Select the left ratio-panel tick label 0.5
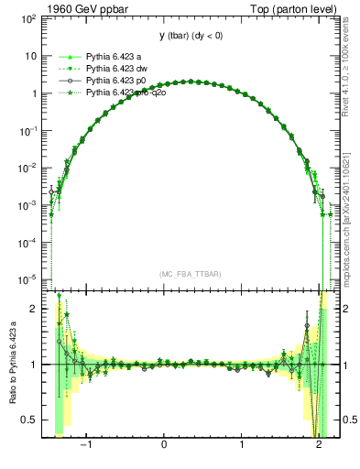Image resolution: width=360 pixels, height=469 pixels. click(29, 420)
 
